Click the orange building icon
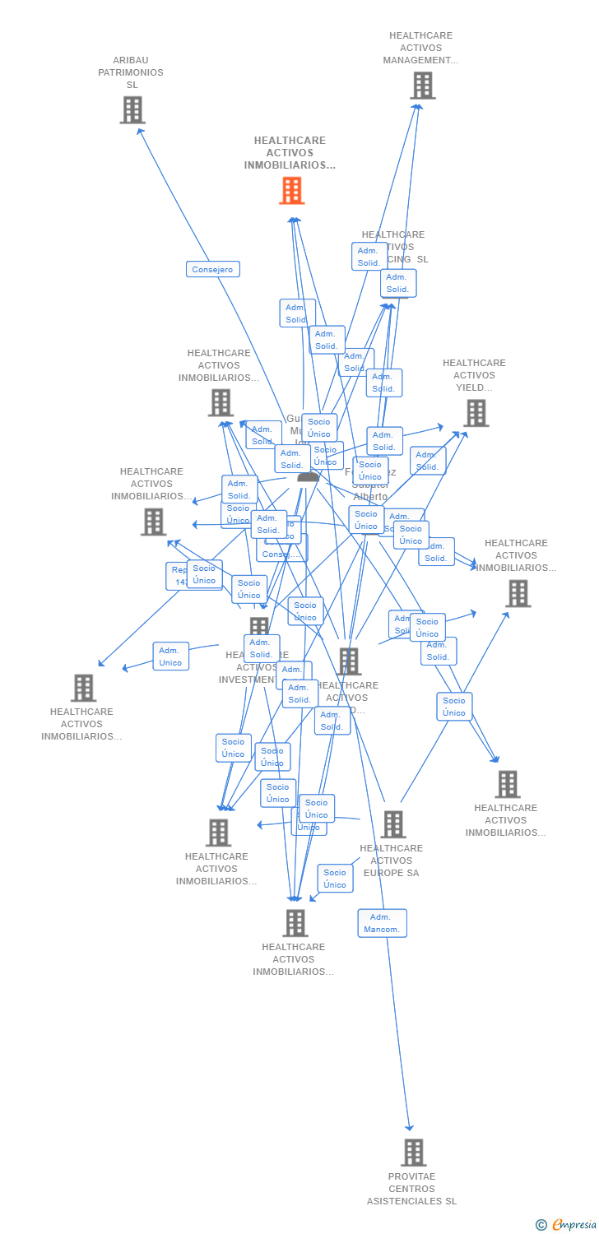click(292, 191)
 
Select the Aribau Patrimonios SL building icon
click(132, 110)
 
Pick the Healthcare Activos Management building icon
click(422, 86)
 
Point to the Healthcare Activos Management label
click(420, 48)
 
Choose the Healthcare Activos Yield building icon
click(476, 413)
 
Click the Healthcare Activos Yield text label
click(474, 375)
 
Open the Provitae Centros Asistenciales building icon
click(414, 1153)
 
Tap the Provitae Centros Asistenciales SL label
click(411, 1189)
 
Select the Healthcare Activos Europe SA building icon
click(393, 824)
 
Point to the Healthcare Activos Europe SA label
click(392, 861)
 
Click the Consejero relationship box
click(212, 269)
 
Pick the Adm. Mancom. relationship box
click(382, 923)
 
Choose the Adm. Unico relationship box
click(170, 656)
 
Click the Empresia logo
click(574, 1225)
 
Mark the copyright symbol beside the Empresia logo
click(541, 1225)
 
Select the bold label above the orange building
click(290, 153)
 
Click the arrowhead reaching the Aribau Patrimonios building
click(140, 130)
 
